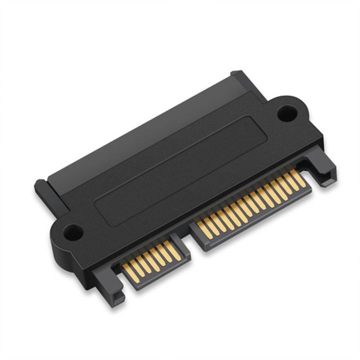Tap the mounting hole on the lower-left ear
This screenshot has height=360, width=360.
pos(73,231)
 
